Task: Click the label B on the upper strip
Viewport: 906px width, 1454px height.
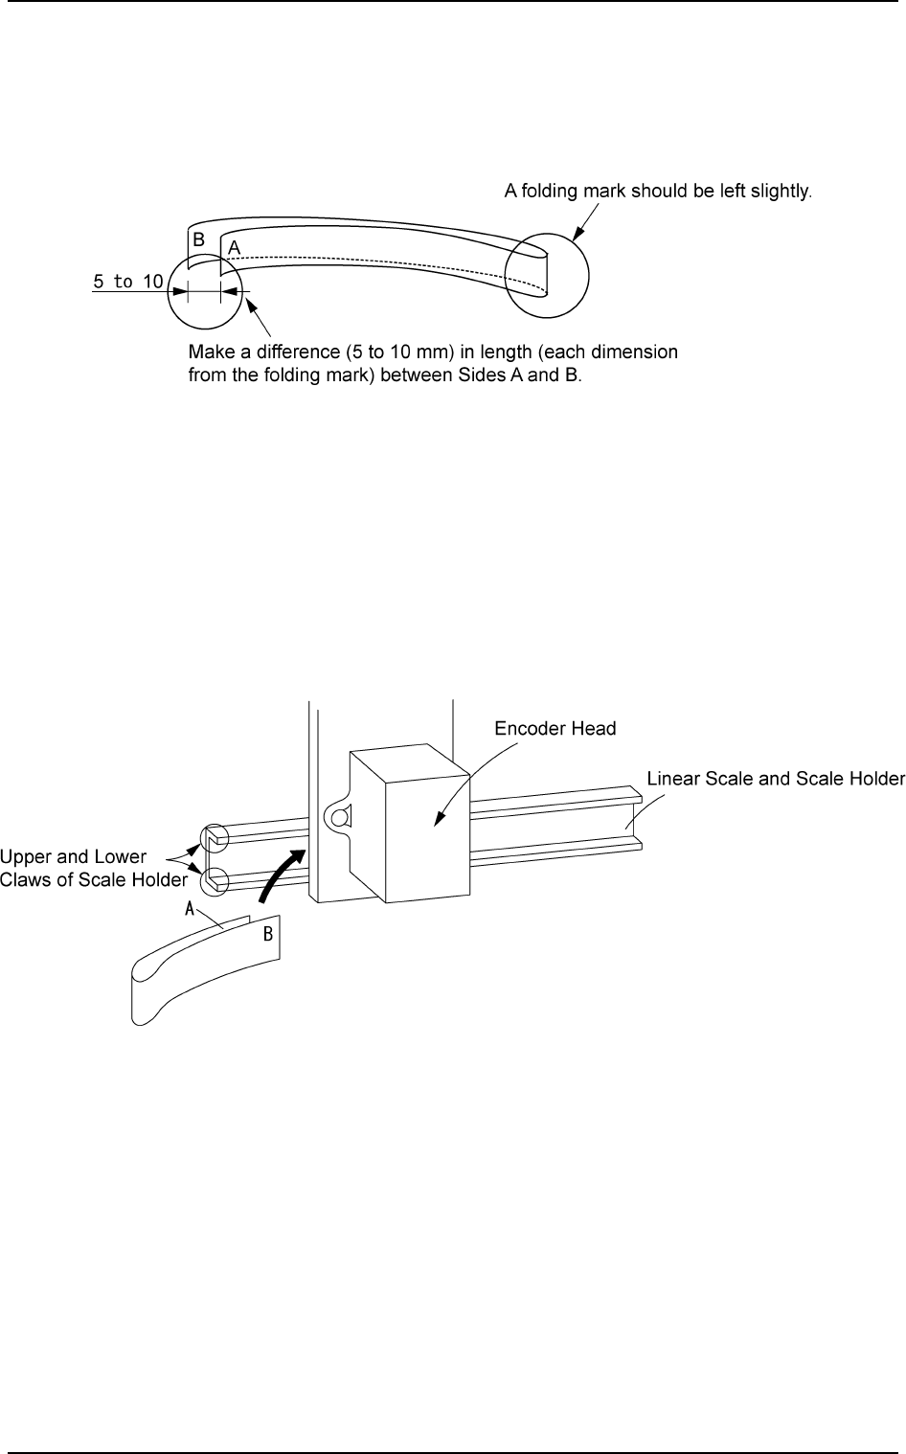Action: tap(198, 240)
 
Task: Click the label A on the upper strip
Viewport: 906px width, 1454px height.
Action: tap(233, 247)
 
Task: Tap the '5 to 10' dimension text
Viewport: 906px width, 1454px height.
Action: tap(127, 282)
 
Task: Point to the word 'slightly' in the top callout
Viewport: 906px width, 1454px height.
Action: tap(781, 191)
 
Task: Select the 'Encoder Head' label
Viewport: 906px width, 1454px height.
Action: tap(555, 728)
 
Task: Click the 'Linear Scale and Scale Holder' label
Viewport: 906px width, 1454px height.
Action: tap(776, 778)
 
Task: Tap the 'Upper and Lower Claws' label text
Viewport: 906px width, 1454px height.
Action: tap(93, 868)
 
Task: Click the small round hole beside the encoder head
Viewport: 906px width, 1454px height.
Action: tap(336, 816)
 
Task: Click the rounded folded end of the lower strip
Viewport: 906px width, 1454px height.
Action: tap(142, 996)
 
